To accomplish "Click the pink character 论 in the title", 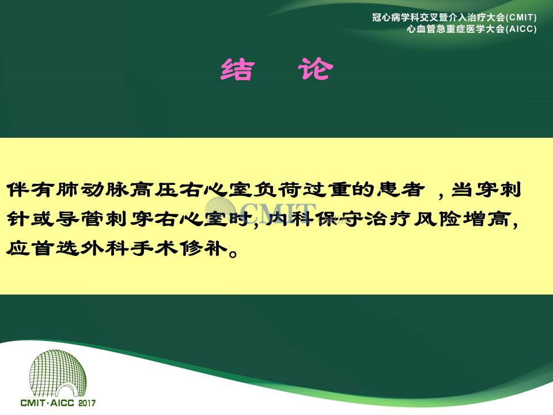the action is pos(315,69).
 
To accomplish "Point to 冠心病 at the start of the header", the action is pos(386,17).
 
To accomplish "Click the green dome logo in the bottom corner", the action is pos(58,373).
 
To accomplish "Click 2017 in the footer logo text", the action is pos(87,403).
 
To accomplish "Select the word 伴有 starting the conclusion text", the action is pos(31,190).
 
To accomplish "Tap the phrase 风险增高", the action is pos(461,219).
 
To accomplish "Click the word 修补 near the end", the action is pos(203,248).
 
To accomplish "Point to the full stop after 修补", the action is pos(233,253).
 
